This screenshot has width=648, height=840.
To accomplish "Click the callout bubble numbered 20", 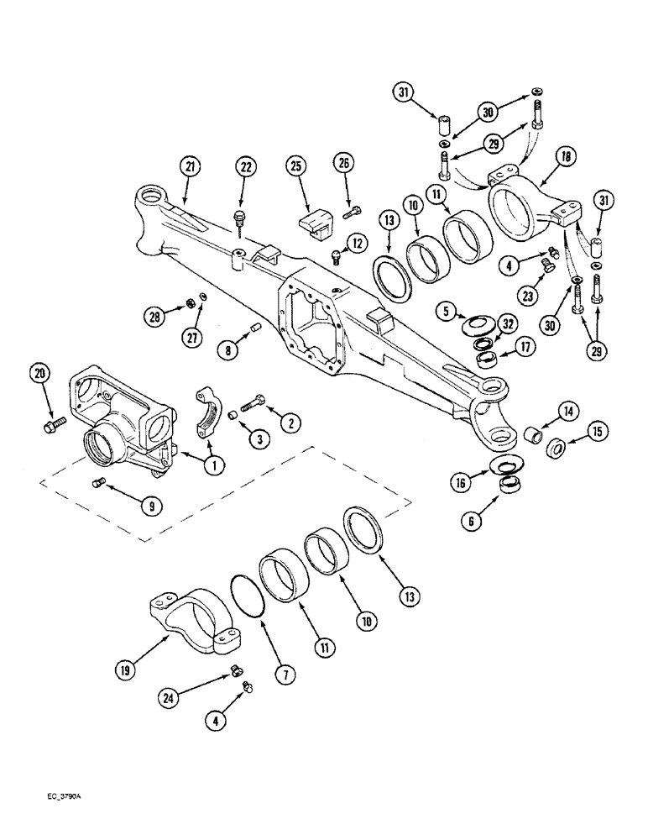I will point(39,374).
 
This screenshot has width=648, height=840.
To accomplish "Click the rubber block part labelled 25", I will point(316,219).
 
